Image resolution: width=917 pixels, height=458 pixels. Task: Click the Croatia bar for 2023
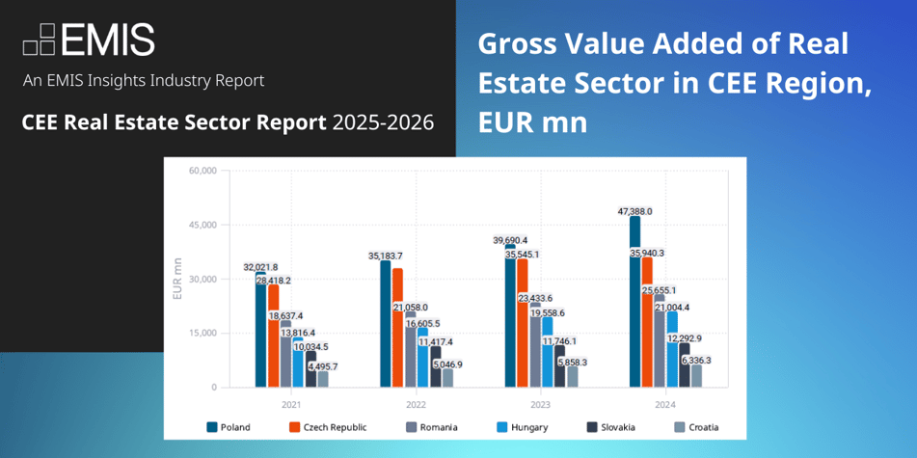pyautogui.click(x=573, y=376)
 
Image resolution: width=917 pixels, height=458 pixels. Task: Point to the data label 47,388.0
pyautogui.click(x=634, y=210)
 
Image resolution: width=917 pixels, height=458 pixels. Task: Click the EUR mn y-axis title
pyautogui.click(x=177, y=279)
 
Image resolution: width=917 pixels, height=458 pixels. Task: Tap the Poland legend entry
pyautogui.click(x=234, y=426)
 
